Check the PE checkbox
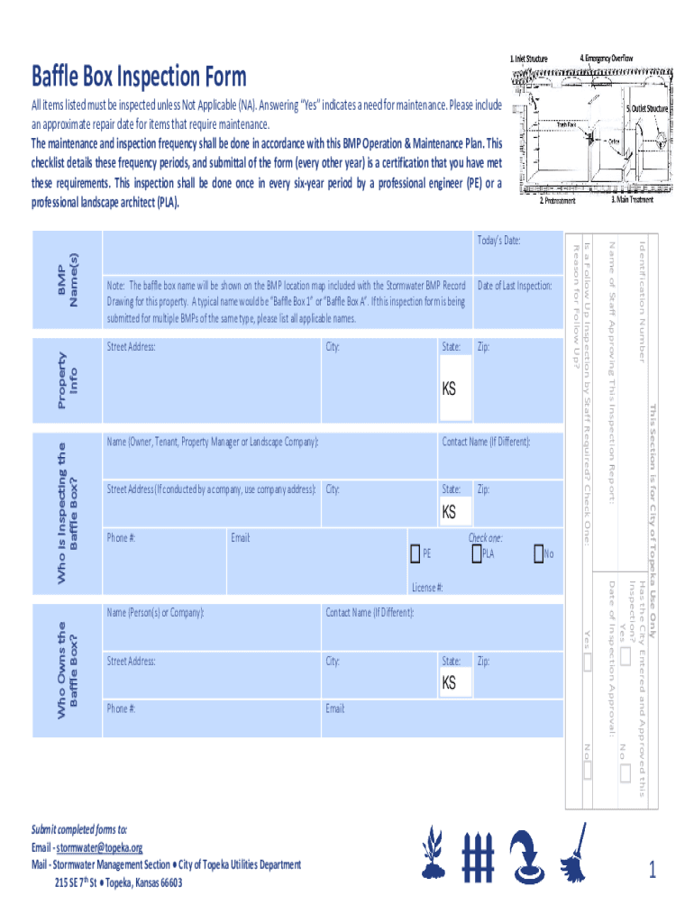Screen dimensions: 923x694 coord(415,553)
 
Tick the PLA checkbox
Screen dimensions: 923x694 coord(477,553)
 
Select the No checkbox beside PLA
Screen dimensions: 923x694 coord(538,553)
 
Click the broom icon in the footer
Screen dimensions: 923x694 coord(571,853)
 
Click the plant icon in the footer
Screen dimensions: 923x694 coord(434,853)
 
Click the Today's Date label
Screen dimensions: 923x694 coord(498,241)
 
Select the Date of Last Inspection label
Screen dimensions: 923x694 coord(514,286)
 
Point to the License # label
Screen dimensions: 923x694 coord(427,587)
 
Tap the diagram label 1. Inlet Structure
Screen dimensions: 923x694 coord(529,59)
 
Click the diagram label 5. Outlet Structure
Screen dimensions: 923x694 coord(647,108)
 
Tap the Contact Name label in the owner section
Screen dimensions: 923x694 coord(370,613)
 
